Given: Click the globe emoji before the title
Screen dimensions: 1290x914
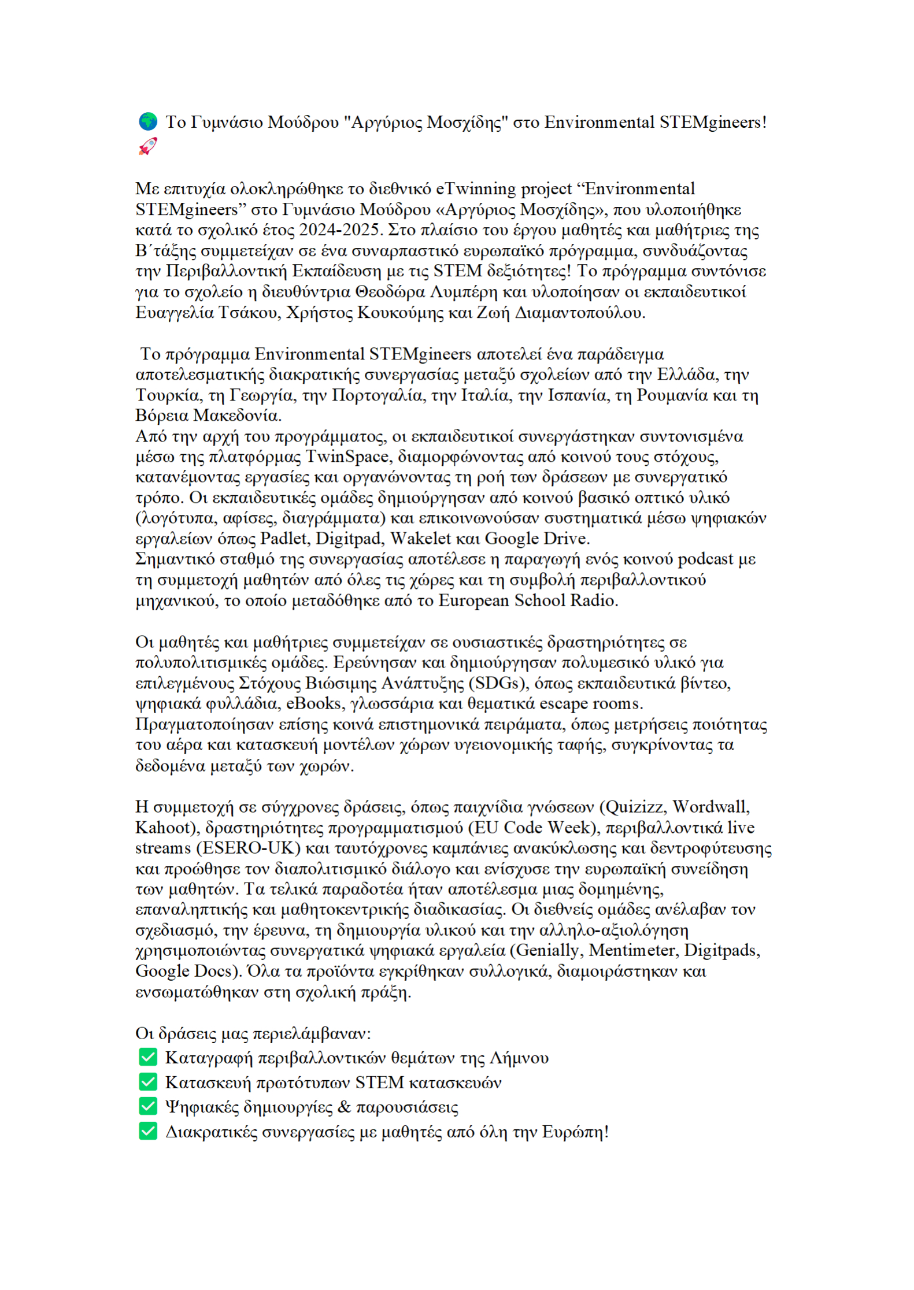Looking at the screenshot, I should [x=148, y=121].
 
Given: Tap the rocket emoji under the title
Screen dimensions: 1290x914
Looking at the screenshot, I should [x=147, y=146].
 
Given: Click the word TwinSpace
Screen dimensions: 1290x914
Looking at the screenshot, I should [x=347, y=457].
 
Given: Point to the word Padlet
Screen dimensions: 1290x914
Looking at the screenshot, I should [x=284, y=539].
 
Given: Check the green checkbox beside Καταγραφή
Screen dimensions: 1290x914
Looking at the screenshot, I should [x=148, y=1057].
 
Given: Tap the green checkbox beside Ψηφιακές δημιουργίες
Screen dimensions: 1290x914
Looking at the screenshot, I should [x=148, y=1106].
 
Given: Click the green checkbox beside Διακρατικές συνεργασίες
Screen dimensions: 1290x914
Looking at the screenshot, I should [x=148, y=1131].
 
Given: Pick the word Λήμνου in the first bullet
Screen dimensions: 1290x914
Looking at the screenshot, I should [x=519, y=1058].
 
